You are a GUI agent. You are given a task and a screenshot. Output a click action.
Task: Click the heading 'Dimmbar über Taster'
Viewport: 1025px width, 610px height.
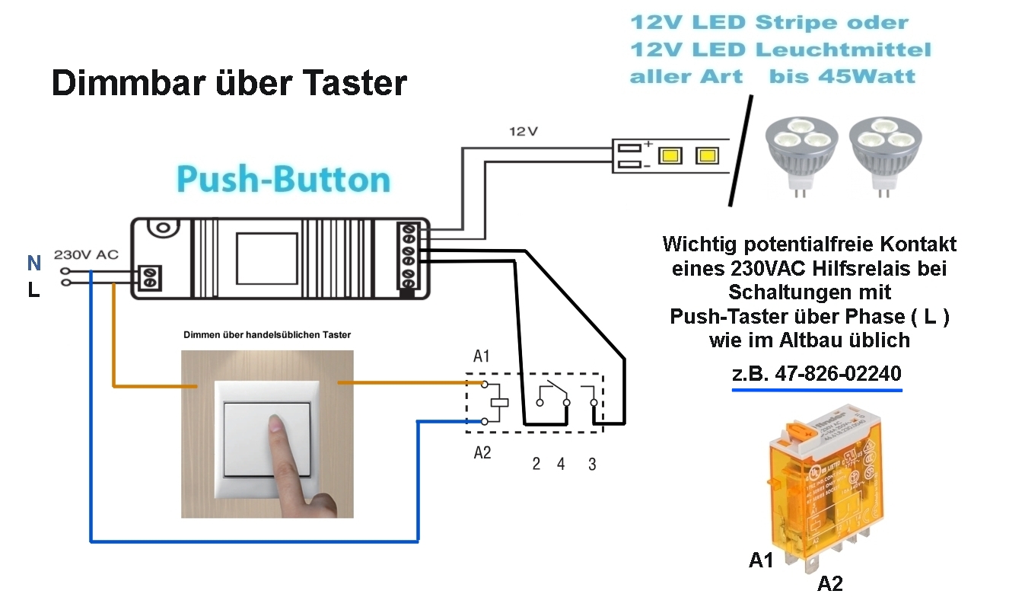(x=229, y=83)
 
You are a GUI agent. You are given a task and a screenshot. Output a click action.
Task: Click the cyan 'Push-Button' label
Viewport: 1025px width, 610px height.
(x=283, y=180)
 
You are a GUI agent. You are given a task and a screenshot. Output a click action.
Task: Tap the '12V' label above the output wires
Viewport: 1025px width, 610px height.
(x=523, y=131)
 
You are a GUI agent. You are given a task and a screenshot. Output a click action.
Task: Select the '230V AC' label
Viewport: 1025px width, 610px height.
(x=86, y=255)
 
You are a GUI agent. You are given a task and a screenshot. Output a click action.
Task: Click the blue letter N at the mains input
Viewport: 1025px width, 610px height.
(x=33, y=263)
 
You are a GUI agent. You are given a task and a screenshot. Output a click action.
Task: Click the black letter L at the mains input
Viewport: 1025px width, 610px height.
(x=33, y=290)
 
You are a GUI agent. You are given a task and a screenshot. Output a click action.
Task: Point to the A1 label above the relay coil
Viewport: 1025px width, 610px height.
(x=482, y=356)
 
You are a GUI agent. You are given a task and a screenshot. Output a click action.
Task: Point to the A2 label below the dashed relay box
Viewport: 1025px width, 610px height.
(x=482, y=453)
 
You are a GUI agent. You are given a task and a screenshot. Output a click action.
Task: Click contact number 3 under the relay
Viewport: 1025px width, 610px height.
(x=592, y=464)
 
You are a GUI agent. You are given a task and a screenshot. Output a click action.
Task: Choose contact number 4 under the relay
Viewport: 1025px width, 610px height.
(x=561, y=464)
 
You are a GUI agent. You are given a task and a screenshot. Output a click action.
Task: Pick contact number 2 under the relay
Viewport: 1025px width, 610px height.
(x=536, y=464)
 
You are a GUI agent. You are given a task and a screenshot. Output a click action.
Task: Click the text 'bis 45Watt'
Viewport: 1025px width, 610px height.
(x=842, y=77)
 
